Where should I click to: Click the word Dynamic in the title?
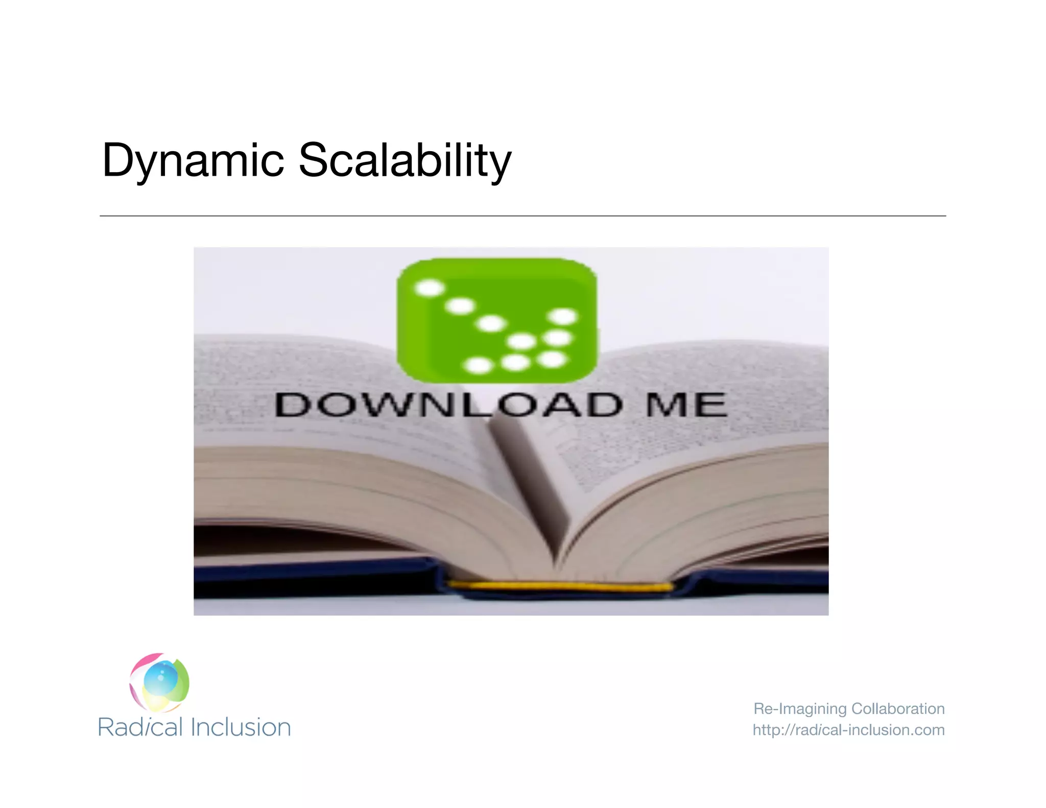pos(193,161)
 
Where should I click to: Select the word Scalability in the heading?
pos(405,161)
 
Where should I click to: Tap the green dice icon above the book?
pos(496,321)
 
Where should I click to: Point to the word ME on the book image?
pos(685,405)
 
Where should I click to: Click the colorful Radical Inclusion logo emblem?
pos(159,682)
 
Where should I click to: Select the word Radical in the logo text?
pos(140,727)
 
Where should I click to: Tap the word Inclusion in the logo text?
pos(241,727)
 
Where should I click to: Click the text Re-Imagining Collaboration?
pos(849,709)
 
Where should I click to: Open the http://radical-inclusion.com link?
pos(848,730)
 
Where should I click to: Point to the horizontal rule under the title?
pos(522,216)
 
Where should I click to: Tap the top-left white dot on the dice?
pos(430,288)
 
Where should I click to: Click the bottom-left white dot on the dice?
pos(479,366)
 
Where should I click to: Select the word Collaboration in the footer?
pos(898,709)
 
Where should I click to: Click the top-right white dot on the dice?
pos(563,317)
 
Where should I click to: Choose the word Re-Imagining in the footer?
pos(800,709)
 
